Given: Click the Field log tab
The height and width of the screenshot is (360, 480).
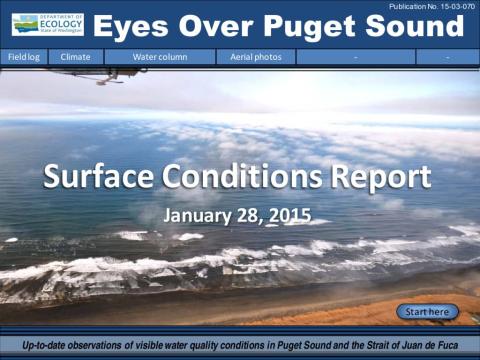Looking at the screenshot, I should pos(24,57).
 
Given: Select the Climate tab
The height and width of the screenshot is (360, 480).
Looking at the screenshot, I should pos(76,57).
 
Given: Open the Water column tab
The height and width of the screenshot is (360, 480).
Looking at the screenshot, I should pos(156,57).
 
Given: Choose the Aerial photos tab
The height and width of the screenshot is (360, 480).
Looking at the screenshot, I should pos(256,57).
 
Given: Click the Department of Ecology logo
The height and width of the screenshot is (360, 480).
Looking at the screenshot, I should pos(47,25).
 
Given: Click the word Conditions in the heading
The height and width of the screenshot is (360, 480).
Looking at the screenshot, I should pos(247,179).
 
